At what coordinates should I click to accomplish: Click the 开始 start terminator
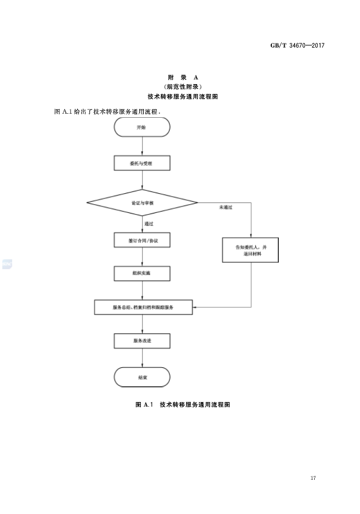point(142,127)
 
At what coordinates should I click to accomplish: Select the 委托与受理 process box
point(142,164)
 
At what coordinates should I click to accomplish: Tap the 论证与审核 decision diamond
point(142,202)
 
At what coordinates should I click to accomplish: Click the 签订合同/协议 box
point(142,240)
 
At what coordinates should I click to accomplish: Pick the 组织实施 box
point(142,273)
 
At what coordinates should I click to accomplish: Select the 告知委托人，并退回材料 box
point(250,251)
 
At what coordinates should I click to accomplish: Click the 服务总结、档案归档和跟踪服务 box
point(143,307)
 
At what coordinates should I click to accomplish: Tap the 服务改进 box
point(142,340)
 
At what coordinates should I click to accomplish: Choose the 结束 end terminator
point(142,377)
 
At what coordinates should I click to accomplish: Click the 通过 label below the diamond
point(149,223)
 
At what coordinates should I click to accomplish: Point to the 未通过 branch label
point(226,207)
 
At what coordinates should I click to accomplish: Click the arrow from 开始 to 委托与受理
point(142,146)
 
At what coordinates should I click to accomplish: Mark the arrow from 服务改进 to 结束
point(142,357)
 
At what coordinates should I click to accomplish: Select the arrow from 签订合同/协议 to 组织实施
point(142,257)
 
